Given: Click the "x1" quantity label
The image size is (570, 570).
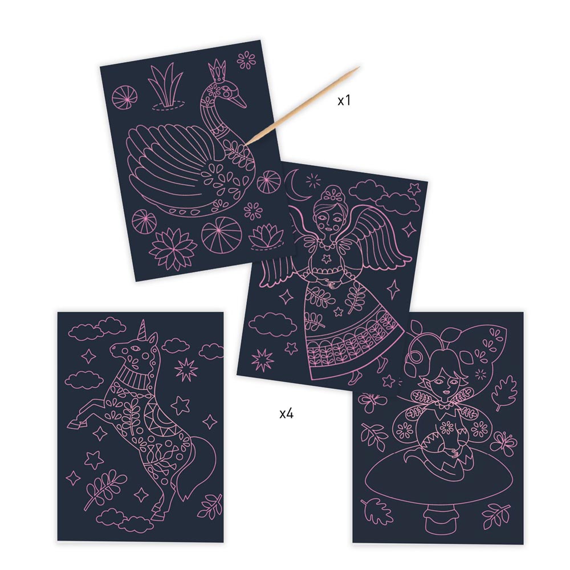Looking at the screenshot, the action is (x=344, y=100).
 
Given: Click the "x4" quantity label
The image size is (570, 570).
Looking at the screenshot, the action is (x=287, y=413).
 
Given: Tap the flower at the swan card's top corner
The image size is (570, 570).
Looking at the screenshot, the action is (x=246, y=60).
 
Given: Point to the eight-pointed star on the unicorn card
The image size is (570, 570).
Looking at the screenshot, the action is (x=186, y=369).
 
